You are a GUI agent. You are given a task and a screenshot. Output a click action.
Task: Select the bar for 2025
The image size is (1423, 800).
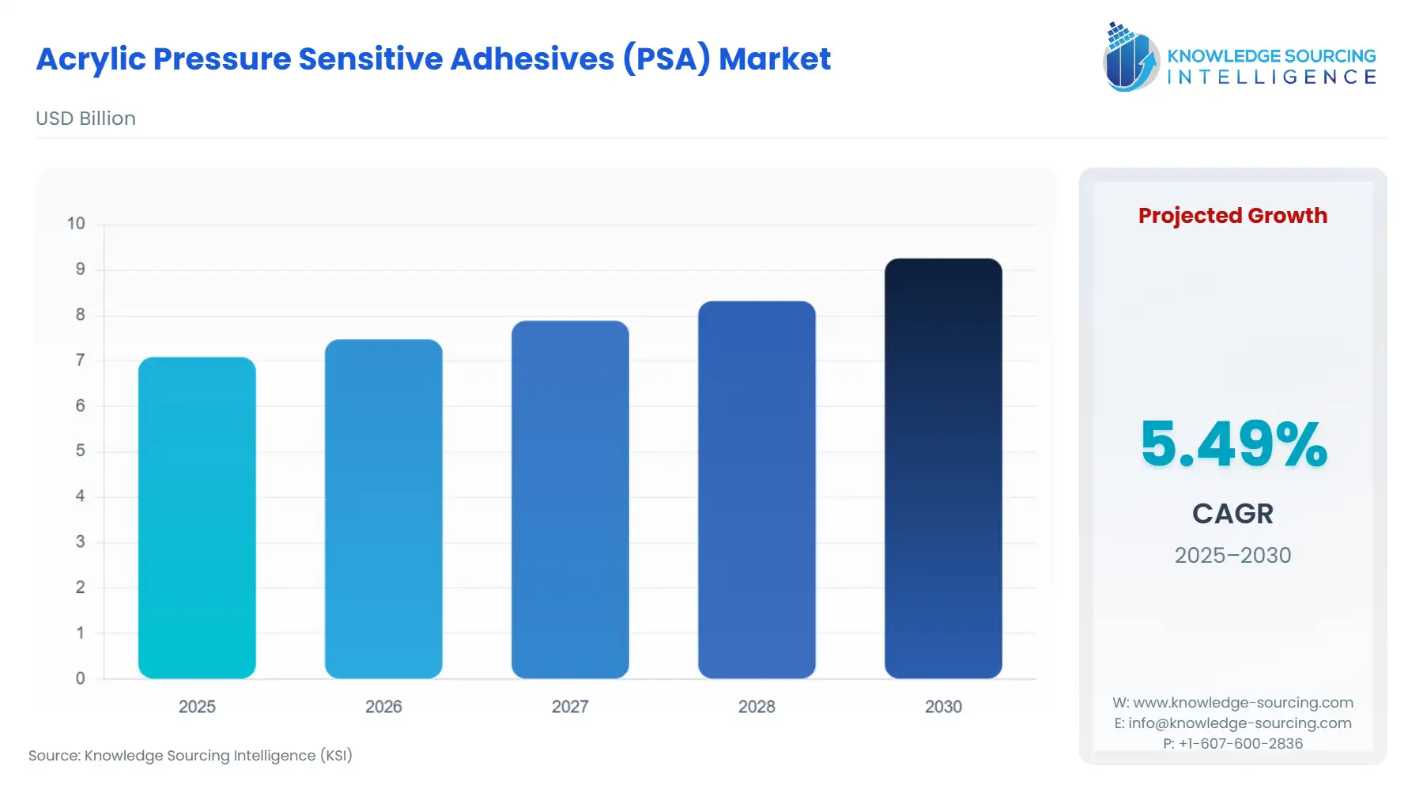click(x=197, y=518)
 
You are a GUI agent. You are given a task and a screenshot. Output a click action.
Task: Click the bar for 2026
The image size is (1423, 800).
click(x=383, y=509)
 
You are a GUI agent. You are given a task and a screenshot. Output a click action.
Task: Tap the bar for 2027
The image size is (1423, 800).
click(x=570, y=500)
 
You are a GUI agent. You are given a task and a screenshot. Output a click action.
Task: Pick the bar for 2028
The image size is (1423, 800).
click(x=757, y=490)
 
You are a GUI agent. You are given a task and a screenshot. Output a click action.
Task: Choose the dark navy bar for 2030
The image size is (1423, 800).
click(x=943, y=468)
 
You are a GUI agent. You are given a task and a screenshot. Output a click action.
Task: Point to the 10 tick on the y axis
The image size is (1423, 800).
click(x=76, y=224)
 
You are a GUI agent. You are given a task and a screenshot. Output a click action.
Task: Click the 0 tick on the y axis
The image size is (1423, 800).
click(x=80, y=678)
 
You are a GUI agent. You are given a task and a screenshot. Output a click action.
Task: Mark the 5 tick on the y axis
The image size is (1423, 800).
click(x=80, y=451)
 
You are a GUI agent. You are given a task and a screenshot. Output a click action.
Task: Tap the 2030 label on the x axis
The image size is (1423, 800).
click(x=943, y=707)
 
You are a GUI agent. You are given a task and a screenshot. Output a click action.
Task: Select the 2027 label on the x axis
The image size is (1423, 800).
click(x=570, y=707)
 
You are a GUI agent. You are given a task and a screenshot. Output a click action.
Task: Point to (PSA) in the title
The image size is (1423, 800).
click(x=666, y=59)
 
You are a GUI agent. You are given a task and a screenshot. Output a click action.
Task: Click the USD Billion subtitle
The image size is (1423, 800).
click(x=85, y=119)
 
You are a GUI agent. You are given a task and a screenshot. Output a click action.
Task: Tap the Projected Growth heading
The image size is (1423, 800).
click(x=1232, y=216)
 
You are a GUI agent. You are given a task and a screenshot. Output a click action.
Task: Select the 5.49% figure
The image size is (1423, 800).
click(x=1233, y=443)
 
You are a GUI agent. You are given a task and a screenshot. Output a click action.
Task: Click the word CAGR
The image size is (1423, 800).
click(x=1232, y=514)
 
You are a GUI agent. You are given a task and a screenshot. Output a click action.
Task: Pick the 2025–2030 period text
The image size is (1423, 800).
click(x=1232, y=556)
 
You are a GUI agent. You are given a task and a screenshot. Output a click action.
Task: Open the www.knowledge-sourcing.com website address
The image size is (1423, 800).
click(x=1243, y=703)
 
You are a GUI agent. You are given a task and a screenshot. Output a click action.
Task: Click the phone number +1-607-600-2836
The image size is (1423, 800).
click(x=1240, y=744)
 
